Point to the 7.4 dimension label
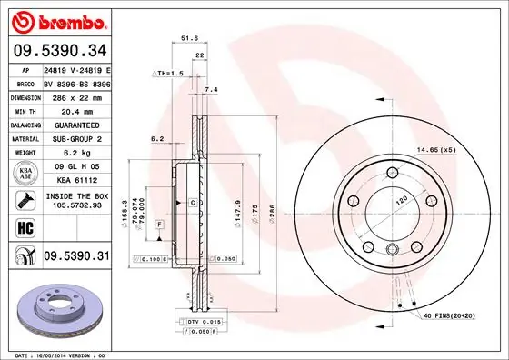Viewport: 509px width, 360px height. (212, 90)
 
